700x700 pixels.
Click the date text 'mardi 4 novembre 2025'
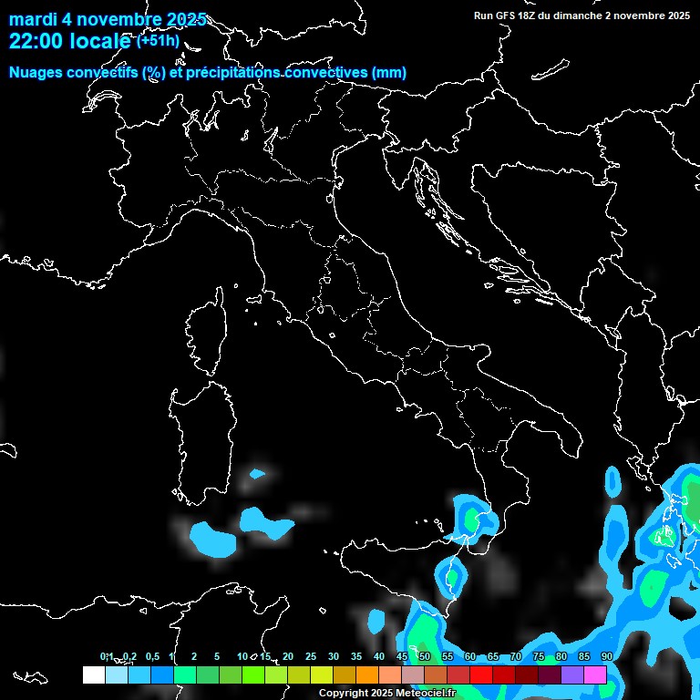(108, 20)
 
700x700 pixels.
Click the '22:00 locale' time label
(71, 42)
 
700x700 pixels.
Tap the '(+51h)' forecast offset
(160, 41)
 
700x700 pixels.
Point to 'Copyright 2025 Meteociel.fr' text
(386, 694)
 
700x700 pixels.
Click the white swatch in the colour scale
(93, 674)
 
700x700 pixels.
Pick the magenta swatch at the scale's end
(595, 674)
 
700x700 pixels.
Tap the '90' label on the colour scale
(606, 656)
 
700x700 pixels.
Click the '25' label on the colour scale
(310, 656)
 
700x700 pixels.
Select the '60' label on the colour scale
(469, 656)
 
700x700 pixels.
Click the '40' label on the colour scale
(378, 656)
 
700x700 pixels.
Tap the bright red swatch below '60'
(481, 674)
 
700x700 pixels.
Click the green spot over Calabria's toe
(471, 520)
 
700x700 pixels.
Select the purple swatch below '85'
(572, 674)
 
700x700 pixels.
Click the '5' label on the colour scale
(217, 656)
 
